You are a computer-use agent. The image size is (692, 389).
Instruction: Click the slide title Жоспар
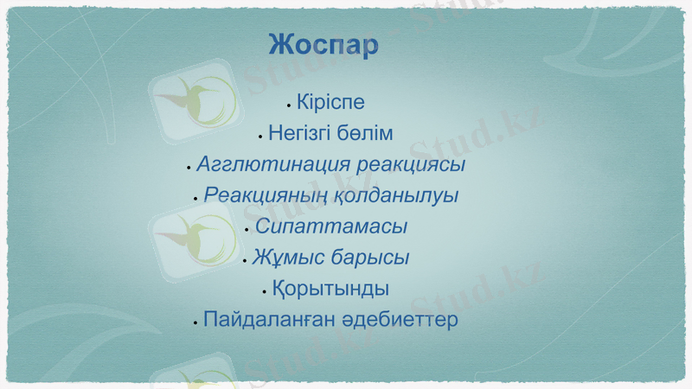[x=324, y=45]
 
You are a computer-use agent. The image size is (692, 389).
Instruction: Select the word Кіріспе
[x=330, y=103]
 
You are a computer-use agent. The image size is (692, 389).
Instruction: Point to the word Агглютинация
[x=264, y=164]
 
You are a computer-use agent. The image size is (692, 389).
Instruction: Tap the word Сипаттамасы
[x=331, y=227]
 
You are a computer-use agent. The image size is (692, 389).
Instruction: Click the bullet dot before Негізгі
[x=260, y=137]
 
